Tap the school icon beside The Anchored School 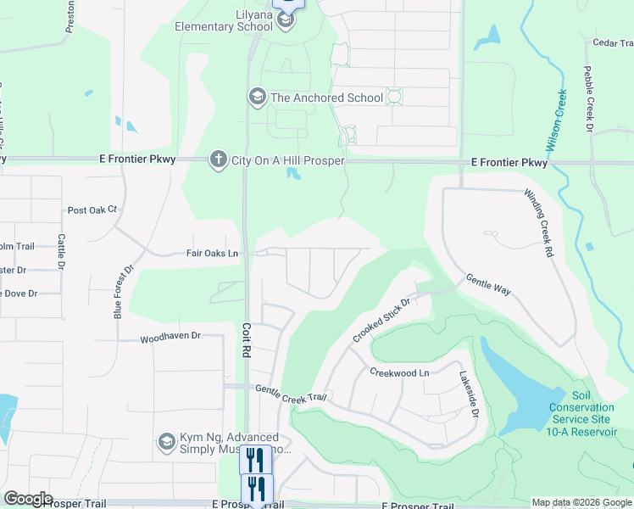tap(257, 98)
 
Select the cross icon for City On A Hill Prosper tap(218, 159)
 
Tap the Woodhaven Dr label tap(170, 336)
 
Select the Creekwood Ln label tap(400, 372)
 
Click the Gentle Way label tap(488, 284)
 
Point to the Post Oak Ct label tap(92, 210)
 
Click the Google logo tap(28, 499)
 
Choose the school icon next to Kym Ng tap(167, 442)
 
